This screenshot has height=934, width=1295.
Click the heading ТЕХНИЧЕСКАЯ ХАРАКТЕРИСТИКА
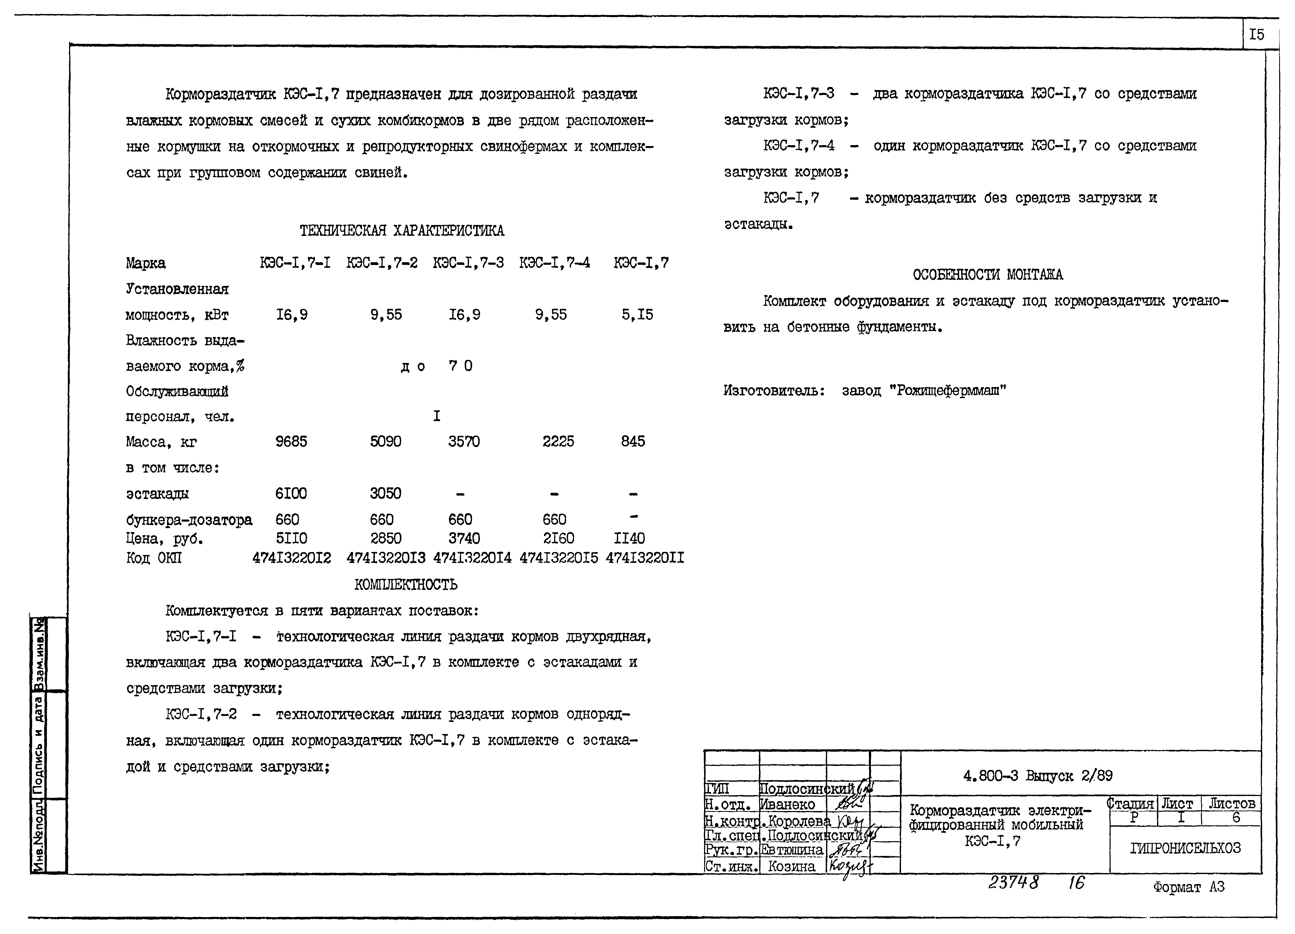[401, 231]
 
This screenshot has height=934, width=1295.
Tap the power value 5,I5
[637, 314]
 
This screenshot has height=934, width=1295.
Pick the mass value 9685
[291, 441]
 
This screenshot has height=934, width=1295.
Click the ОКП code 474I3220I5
[558, 558]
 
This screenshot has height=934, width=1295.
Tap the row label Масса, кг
[162, 442]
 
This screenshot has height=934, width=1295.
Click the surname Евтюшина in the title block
[792, 850]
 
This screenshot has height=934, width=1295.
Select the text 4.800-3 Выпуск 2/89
[1037, 776]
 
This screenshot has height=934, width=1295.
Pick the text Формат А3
[1188, 887]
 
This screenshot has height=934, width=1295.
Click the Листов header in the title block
[1231, 803]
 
